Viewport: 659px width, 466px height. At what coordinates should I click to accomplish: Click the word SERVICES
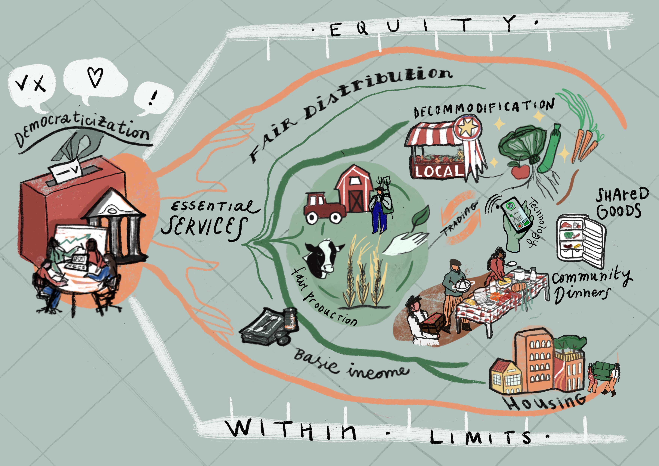pyautogui.click(x=204, y=227)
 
